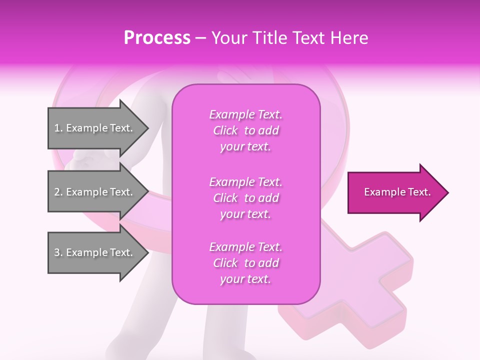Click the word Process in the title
157,38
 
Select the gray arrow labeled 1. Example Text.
95,128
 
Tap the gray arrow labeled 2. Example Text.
95,192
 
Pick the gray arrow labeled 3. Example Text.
95,252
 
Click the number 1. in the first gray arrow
58,128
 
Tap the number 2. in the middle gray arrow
58,192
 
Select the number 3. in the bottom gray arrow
58,252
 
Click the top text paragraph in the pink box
245,130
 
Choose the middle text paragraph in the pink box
245,197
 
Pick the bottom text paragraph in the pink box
245,263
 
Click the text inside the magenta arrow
397,192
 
